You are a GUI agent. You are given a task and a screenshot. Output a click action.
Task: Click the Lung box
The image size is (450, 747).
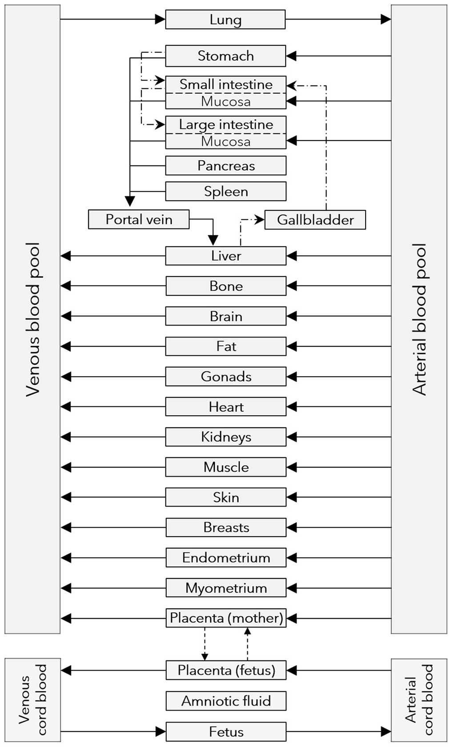click(x=225, y=20)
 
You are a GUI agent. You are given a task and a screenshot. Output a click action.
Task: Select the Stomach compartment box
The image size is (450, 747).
click(x=225, y=56)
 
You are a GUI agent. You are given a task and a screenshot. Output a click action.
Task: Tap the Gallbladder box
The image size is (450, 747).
click(x=315, y=220)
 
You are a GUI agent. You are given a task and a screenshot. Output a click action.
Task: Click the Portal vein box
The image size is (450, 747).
click(x=139, y=219)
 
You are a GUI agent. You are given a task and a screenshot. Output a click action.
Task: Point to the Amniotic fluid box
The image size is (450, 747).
click(x=225, y=701)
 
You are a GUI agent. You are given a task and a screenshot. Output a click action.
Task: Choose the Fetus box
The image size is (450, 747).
click(x=225, y=731)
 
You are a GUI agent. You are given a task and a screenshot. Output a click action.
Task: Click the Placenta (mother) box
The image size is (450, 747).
click(x=225, y=618)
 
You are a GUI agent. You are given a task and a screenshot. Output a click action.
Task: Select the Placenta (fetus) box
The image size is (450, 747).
click(x=225, y=670)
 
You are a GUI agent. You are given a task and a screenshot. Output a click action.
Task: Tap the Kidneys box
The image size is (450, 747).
click(x=225, y=437)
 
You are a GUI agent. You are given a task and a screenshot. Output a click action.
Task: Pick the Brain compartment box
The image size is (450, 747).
click(x=225, y=316)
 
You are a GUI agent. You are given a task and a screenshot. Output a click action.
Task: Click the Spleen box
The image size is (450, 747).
click(x=225, y=191)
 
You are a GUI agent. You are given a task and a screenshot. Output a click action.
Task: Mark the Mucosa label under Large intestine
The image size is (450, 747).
click(x=225, y=141)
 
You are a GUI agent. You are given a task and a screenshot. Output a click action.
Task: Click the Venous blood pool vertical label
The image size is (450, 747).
click(x=33, y=319)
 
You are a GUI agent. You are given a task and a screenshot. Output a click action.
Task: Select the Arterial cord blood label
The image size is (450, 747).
click(x=419, y=700)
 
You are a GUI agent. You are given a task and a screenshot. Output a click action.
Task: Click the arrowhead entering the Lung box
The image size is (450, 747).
click(x=160, y=19)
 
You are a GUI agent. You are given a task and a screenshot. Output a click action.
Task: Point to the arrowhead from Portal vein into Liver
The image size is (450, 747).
click(x=213, y=240)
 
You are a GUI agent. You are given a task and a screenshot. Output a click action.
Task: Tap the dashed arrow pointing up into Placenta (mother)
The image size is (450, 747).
click(x=248, y=631)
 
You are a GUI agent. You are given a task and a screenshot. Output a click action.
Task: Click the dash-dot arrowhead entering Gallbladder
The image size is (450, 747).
click(x=260, y=219)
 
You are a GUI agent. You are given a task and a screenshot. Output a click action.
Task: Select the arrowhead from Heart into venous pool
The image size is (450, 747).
click(x=66, y=407)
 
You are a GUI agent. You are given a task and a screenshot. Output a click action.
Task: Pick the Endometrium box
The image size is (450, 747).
click(x=225, y=558)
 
